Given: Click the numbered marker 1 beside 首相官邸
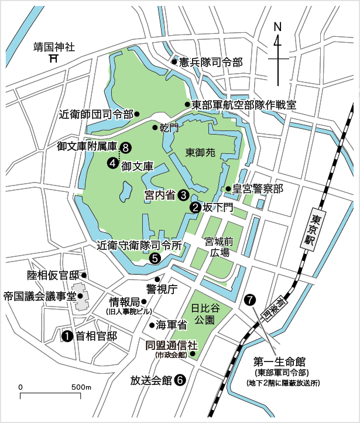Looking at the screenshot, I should point(67,336).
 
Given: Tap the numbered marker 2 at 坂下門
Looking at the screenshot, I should point(194,207).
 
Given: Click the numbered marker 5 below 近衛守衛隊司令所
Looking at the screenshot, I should point(155,257).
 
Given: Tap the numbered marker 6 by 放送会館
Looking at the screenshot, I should point(180,380).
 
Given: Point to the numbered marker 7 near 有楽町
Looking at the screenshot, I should point(251,300).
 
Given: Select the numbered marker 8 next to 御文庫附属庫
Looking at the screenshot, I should point(125,147).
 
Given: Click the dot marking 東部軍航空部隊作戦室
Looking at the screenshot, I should point(187,105).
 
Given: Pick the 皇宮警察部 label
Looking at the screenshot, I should point(258,188).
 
